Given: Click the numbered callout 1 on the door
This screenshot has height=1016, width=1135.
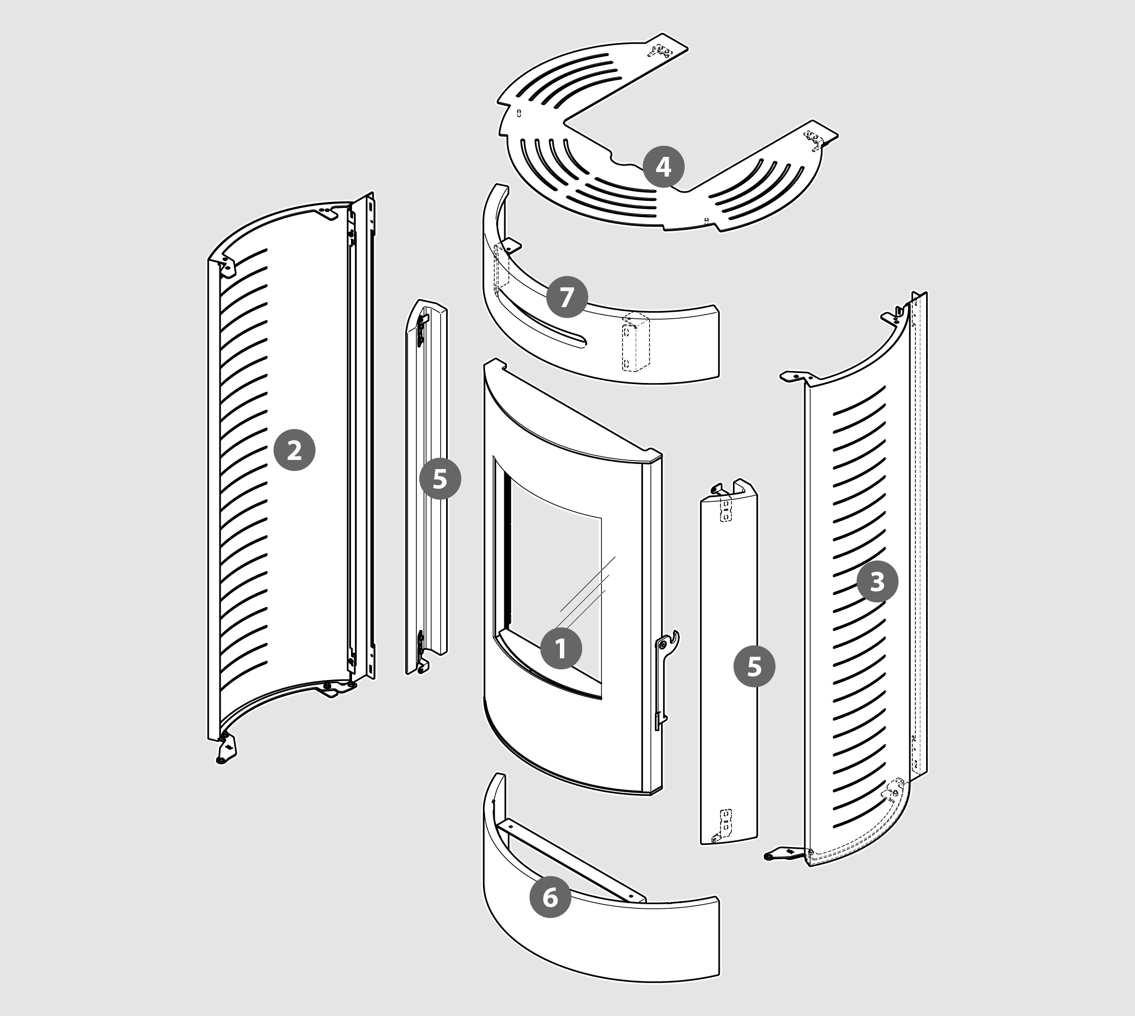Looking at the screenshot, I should point(561,649).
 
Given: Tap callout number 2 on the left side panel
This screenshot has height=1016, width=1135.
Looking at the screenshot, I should point(294,450).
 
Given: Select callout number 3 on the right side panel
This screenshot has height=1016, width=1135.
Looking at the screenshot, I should point(877,582).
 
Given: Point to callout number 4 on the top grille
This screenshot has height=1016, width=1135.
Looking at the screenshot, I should point(663,166).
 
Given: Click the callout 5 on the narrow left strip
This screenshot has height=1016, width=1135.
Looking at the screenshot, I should point(440,479).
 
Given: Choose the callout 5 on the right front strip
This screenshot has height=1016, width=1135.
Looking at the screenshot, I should point(754,666).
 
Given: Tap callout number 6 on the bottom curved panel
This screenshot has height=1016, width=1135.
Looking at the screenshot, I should point(550,897).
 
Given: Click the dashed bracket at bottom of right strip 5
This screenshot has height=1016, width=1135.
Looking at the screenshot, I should point(725,825).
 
